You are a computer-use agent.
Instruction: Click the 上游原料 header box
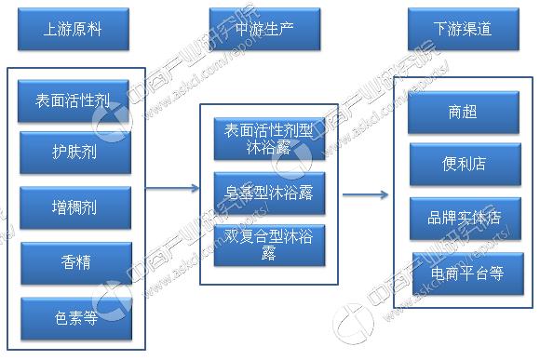pyautogui.click(x=73, y=29)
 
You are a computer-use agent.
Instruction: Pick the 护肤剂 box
pyautogui.click(x=74, y=152)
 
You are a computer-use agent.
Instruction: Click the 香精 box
pyautogui.click(x=74, y=263)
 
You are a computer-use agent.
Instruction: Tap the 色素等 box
pyautogui.click(x=74, y=318)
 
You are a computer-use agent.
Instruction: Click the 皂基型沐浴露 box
pyautogui.click(x=269, y=192)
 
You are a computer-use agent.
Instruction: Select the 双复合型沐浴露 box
pyautogui.click(x=269, y=244)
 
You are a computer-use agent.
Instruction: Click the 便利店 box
pyautogui.click(x=463, y=164)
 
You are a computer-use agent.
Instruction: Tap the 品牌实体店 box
pyautogui.click(x=463, y=217)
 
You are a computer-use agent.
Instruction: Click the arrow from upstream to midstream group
pyautogui.click(x=172, y=189)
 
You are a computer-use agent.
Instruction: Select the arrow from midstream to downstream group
pyautogui.click(x=365, y=194)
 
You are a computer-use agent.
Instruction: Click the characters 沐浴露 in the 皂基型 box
pyautogui.click(x=289, y=192)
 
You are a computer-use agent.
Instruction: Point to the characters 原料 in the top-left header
pyautogui.click(x=88, y=29)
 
